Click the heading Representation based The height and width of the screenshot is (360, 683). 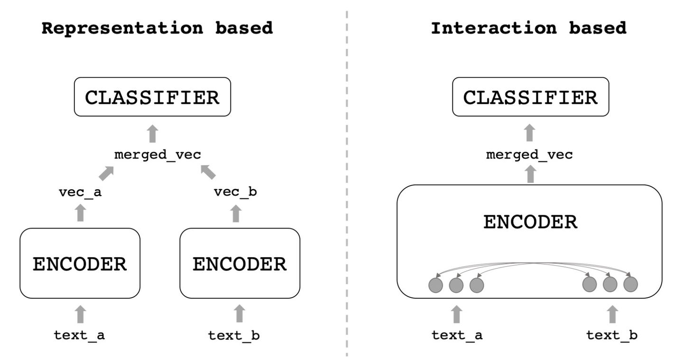pos(157,28)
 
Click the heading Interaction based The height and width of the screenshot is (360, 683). pos(528,28)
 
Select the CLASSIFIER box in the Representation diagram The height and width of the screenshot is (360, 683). pos(152,97)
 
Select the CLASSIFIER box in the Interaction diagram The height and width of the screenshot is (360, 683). pos(530,97)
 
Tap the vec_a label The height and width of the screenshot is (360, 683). pos(80,192)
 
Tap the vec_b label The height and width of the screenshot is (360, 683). pos(236,192)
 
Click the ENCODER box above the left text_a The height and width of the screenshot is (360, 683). pos(80,264)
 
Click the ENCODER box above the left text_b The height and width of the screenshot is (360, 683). pos(240,264)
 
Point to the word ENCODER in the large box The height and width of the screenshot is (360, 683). pos(530,222)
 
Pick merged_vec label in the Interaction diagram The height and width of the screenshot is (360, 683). pos(529,155)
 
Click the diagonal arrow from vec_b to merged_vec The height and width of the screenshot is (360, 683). pos(208,172)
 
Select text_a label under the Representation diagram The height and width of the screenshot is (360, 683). pos(79,335)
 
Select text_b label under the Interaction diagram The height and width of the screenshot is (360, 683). pos(612,335)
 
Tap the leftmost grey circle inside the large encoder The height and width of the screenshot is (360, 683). pos(435,285)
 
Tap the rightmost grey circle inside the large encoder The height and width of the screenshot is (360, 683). pos(630,285)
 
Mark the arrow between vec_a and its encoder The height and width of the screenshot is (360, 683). pos(80,212)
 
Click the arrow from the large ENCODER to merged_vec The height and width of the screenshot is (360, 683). pos(530,174)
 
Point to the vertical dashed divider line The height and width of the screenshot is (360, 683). pos(347,190)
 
